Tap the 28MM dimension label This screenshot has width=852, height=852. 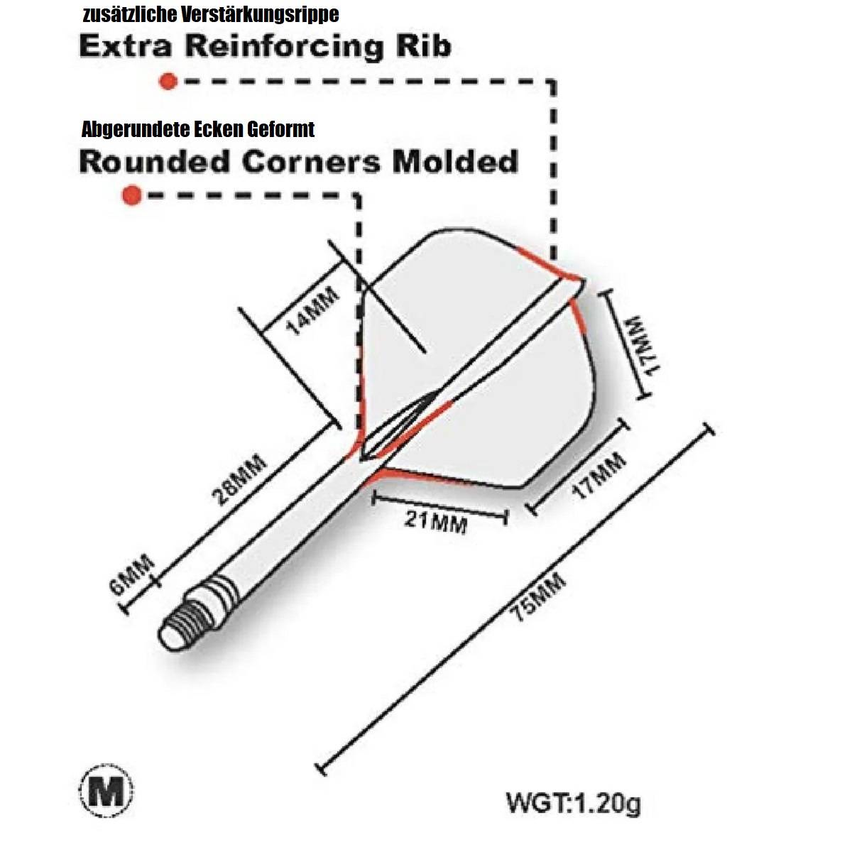point(240,480)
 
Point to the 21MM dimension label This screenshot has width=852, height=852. point(435,523)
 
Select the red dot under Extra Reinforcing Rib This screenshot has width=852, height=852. point(168,82)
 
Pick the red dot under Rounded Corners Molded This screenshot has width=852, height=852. point(131,195)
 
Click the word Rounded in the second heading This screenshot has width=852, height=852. point(155,161)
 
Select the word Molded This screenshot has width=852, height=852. point(455,161)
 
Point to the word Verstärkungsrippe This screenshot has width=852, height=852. point(260,15)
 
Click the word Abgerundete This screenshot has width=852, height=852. point(136,129)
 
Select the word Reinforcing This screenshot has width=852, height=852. point(284,47)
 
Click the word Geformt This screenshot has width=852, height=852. point(280,129)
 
